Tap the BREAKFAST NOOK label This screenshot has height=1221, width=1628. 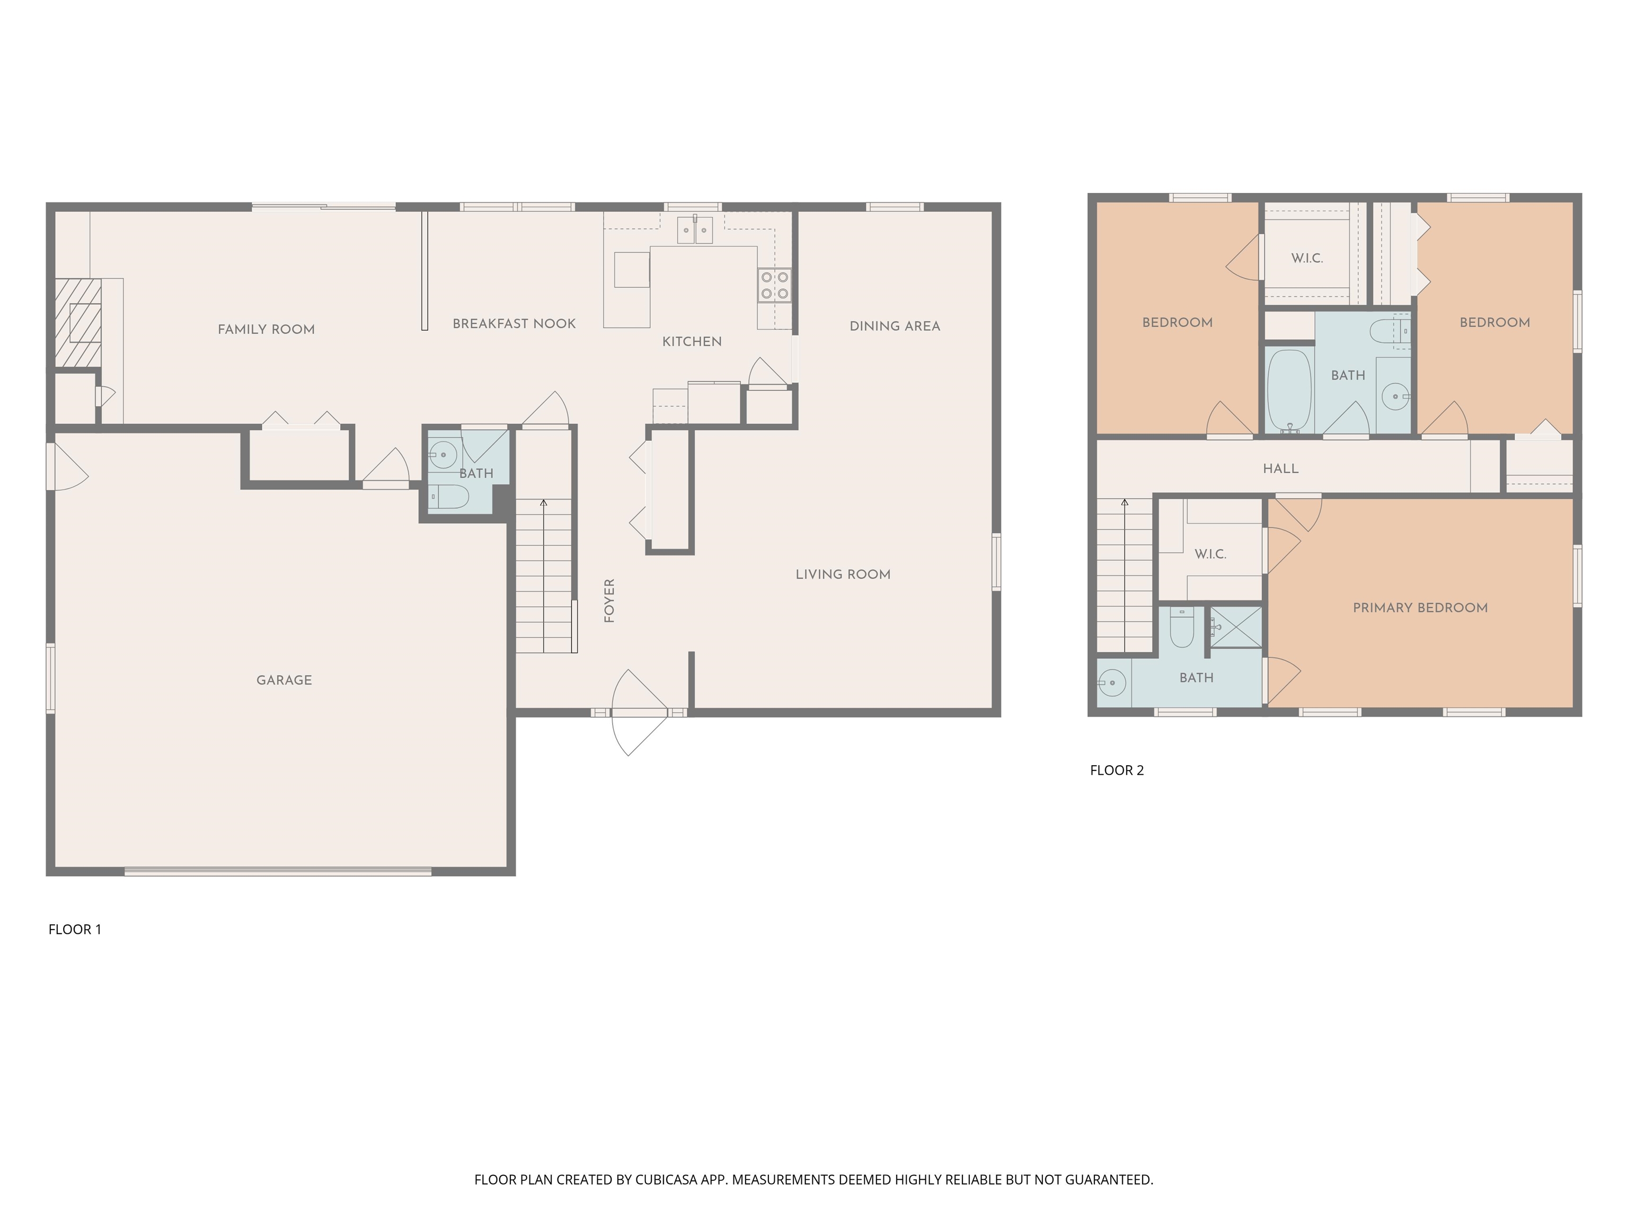click(x=514, y=323)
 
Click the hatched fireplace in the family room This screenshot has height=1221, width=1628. click(x=78, y=322)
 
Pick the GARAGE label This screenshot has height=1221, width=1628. click(x=284, y=680)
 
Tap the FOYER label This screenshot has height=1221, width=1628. click(x=609, y=600)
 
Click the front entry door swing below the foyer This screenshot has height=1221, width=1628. click(x=638, y=712)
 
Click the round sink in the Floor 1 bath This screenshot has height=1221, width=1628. click(x=443, y=455)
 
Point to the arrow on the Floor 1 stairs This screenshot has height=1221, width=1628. click(x=544, y=503)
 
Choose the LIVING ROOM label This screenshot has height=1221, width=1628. click(x=843, y=574)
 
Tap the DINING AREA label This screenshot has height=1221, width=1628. click(x=894, y=326)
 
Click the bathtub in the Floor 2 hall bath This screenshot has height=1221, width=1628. click(x=1289, y=391)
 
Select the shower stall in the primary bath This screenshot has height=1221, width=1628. click(x=1236, y=627)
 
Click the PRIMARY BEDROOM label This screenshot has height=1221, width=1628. click(x=1420, y=607)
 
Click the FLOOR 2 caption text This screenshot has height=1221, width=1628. click(x=1117, y=770)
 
